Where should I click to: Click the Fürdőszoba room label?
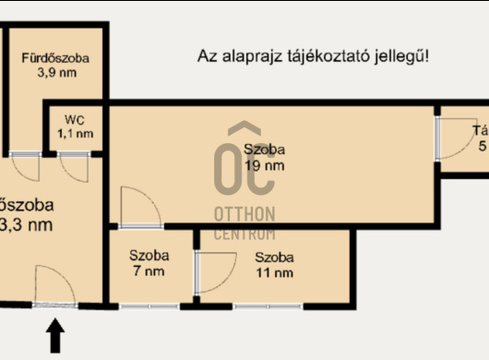(56, 58)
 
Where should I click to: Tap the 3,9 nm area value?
(56, 73)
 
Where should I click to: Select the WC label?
(75, 120)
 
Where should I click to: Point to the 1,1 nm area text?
(75, 134)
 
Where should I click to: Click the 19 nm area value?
(265, 166)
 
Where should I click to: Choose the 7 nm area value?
(148, 271)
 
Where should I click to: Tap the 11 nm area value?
(275, 272)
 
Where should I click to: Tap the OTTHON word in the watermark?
(244, 214)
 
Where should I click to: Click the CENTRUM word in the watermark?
(244, 234)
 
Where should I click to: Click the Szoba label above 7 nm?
(149, 256)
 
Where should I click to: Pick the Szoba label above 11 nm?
(275, 257)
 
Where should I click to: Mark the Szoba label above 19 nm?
(265, 150)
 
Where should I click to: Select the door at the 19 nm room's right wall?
(451, 138)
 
